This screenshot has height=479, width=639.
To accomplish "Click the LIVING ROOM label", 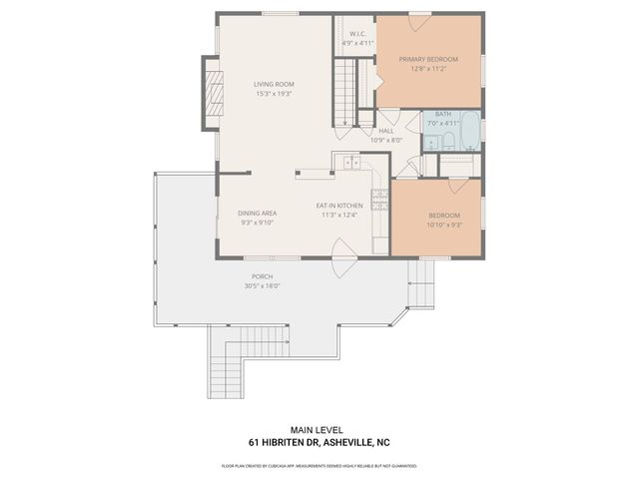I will point(274,84).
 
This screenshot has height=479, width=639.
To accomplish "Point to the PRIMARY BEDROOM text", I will point(426,60).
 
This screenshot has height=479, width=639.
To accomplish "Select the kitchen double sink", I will point(351,162).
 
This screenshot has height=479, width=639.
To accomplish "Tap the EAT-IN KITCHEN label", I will point(338,206).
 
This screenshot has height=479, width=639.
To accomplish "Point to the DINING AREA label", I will point(257,214).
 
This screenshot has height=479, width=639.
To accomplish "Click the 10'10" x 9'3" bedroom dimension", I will point(445,224).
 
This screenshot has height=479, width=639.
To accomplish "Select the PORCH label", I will point(262,276).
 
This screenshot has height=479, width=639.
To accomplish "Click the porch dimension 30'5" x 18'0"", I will point(262,285).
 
